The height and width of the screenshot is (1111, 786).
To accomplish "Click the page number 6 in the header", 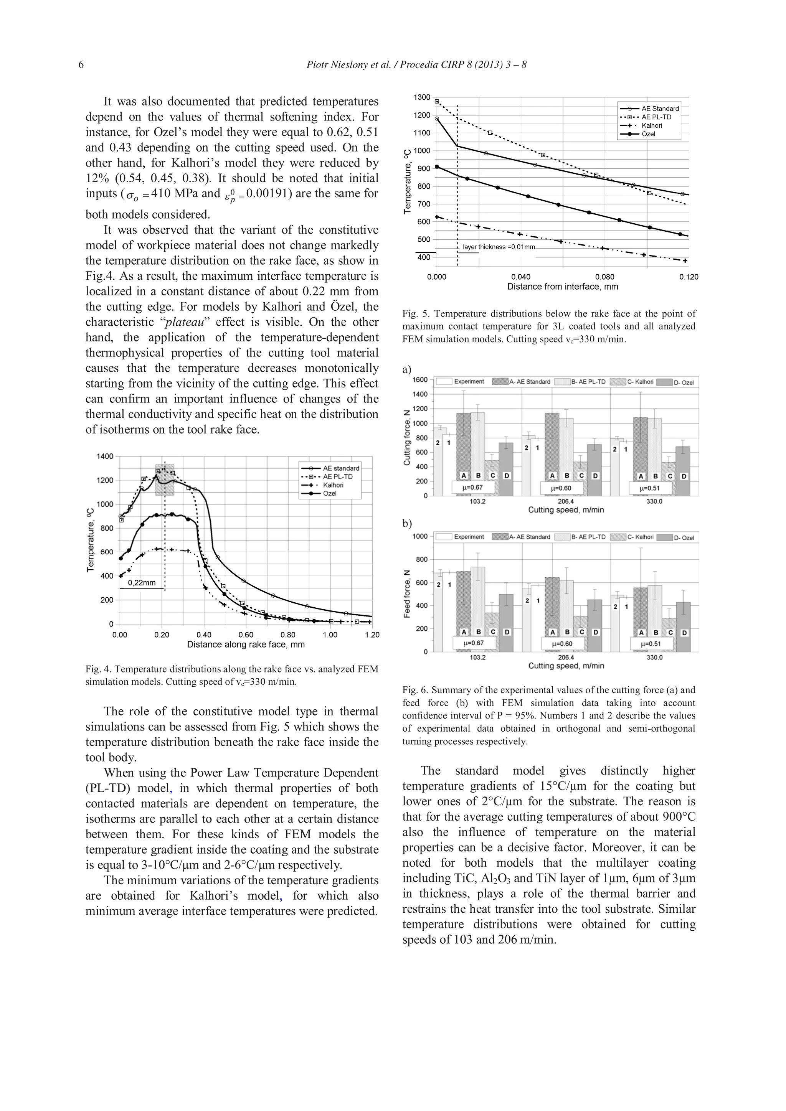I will pyautogui.click(x=81, y=65).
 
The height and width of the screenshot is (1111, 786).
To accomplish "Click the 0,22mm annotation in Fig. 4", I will pyautogui.click(x=141, y=583).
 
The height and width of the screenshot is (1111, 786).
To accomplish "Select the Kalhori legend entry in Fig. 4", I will pyautogui.click(x=333, y=485).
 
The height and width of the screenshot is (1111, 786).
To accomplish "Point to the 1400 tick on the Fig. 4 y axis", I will pyautogui.click(x=104, y=456).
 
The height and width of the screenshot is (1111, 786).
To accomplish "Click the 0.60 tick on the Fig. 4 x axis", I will pyautogui.click(x=246, y=635).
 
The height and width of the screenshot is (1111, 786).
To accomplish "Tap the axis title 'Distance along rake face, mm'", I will pyautogui.click(x=246, y=645).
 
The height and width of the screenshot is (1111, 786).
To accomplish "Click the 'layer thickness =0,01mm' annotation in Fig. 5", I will pyautogui.click(x=499, y=247).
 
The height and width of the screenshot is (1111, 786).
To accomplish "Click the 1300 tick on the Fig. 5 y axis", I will pyautogui.click(x=421, y=97).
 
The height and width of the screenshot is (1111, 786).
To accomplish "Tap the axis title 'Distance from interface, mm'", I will pyautogui.click(x=562, y=287).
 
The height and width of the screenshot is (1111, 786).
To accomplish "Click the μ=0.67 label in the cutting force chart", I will pyautogui.click(x=473, y=487).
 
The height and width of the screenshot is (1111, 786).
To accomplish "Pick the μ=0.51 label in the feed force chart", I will pyautogui.click(x=651, y=644).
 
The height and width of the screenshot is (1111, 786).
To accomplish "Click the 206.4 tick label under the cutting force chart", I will pyautogui.click(x=566, y=501).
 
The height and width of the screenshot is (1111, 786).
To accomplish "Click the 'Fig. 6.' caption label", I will pyautogui.click(x=415, y=690).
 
